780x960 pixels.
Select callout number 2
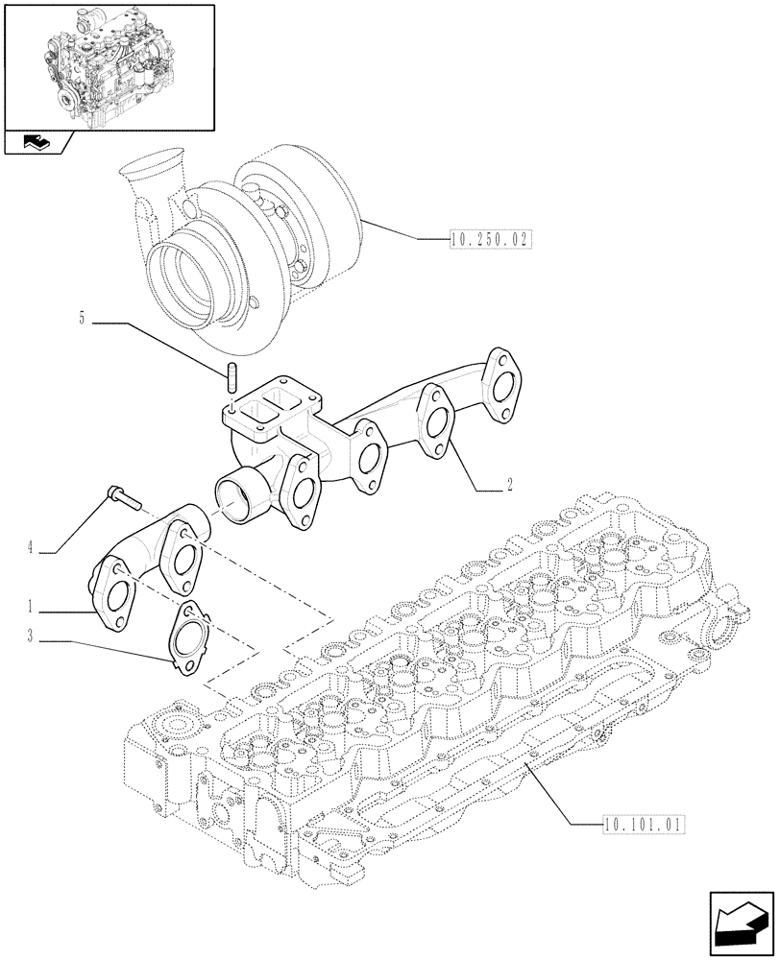[509, 486]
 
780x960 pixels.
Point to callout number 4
[31, 548]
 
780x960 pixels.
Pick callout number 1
[31, 607]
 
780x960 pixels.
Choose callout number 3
[31, 635]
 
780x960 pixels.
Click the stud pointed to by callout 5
[232, 378]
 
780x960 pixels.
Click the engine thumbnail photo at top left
[108, 67]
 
